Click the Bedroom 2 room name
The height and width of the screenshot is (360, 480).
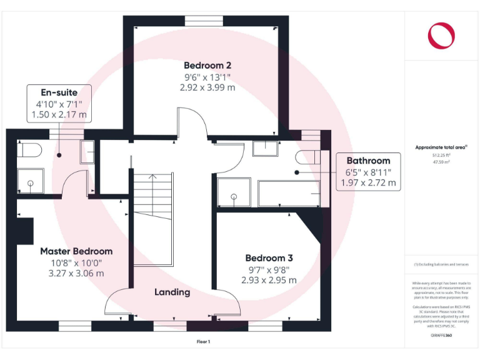point(207,65)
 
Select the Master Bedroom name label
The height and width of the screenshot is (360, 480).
point(76,251)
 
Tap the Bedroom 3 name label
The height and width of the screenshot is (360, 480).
point(269,258)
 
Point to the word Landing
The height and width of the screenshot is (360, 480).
point(172,292)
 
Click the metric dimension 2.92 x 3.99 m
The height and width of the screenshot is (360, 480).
point(207,88)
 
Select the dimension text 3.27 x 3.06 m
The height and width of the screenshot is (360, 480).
point(76,273)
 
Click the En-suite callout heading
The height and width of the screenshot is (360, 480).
point(59,92)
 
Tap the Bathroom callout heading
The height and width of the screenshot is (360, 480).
point(368,161)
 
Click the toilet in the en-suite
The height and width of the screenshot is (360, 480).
point(30,149)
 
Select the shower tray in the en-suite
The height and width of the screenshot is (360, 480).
point(29,184)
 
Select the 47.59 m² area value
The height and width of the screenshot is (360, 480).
point(441,161)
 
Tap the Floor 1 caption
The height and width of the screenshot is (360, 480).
point(204,342)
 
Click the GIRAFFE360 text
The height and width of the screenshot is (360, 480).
point(441,336)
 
